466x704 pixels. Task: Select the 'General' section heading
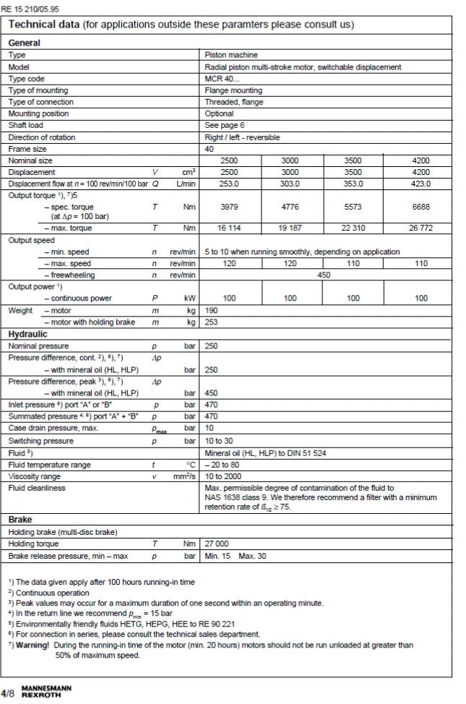(25, 43)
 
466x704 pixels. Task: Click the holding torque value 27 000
(220, 544)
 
